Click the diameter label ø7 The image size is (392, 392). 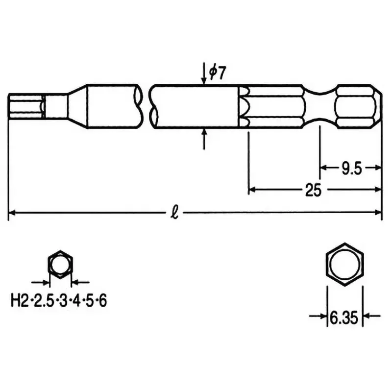point(217,73)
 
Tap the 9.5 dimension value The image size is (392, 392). point(351,169)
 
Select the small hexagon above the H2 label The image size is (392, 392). point(60,265)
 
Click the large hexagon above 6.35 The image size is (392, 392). point(345,265)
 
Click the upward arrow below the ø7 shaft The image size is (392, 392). point(204,139)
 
